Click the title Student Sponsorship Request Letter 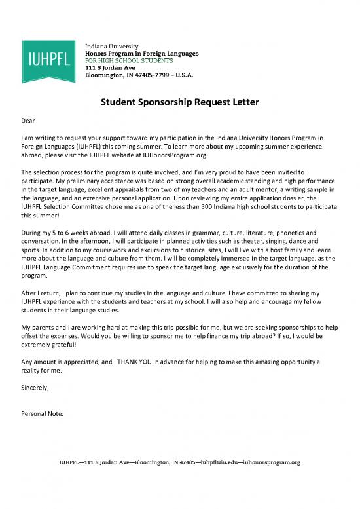180,102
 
